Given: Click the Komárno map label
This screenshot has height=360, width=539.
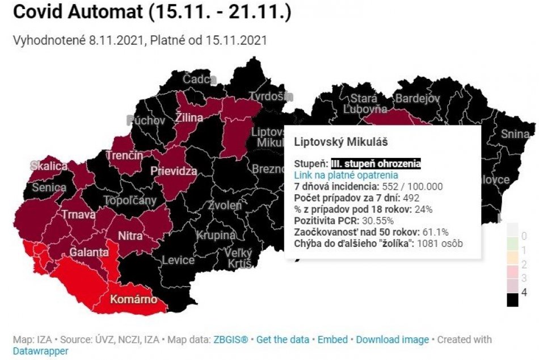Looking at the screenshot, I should pyautogui.click(x=133, y=299).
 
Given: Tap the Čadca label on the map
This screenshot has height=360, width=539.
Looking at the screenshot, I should pyautogui.click(x=199, y=79).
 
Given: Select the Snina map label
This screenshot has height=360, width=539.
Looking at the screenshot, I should pyautogui.click(x=515, y=135).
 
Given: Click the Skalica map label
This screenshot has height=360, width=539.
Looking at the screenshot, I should pyautogui.click(x=48, y=166).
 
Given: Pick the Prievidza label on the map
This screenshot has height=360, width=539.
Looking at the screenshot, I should pyautogui.click(x=174, y=171).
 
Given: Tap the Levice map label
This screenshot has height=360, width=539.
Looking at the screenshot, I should pyautogui.click(x=178, y=260).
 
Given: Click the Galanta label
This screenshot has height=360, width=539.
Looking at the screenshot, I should pyautogui.click(x=89, y=252).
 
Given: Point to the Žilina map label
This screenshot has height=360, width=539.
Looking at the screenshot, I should pyautogui.click(x=189, y=118).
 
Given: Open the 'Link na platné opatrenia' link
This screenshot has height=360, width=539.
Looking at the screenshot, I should pyautogui.click(x=346, y=175).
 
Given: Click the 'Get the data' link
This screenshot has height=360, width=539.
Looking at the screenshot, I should pyautogui.click(x=283, y=340).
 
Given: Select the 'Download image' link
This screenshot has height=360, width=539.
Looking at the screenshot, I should pyautogui.click(x=393, y=340).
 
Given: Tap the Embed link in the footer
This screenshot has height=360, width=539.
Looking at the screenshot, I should pyautogui.click(x=332, y=340).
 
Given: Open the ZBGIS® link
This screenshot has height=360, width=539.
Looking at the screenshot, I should pyautogui.click(x=231, y=340).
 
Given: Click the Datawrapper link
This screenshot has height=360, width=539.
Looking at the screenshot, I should pyautogui.click(x=40, y=351).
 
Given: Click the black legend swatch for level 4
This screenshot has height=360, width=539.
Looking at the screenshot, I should pyautogui.click(x=512, y=299).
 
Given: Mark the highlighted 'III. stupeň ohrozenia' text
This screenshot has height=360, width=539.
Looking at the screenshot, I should pyautogui.click(x=376, y=164).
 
